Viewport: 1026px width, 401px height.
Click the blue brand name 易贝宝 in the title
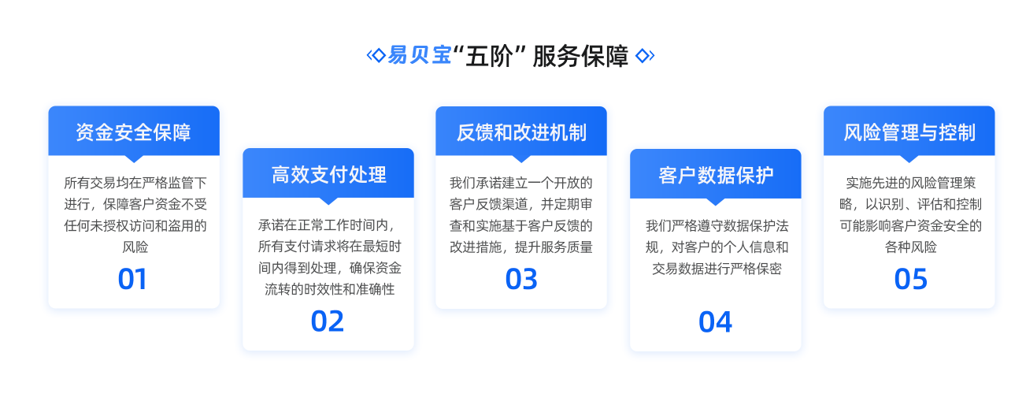pos(420,55)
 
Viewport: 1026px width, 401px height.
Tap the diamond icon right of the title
pos(644,55)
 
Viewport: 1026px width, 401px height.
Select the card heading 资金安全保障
pos(133,132)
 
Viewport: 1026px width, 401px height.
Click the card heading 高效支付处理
pos(328,175)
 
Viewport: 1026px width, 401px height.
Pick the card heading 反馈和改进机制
pos(521,132)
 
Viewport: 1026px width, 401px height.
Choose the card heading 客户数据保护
pos(716,175)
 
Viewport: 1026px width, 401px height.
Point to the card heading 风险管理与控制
pos(909,132)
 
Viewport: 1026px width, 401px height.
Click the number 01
pos(132,279)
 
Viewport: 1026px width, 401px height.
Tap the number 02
pos(327,321)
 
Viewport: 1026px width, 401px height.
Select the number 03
pos(521,279)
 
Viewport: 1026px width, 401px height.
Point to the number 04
pos(715,321)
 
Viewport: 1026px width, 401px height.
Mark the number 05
pos(910,279)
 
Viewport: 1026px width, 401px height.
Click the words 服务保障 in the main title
pos(580,56)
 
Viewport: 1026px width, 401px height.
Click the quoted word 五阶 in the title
pos(488,56)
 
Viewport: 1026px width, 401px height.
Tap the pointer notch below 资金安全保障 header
pos(134,158)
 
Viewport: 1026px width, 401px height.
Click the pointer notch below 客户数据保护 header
pos(716,202)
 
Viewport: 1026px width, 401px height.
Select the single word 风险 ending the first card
pos(135,247)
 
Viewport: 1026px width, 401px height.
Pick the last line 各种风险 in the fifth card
pos(910,247)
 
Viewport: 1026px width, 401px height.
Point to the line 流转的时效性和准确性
pos(329,289)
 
